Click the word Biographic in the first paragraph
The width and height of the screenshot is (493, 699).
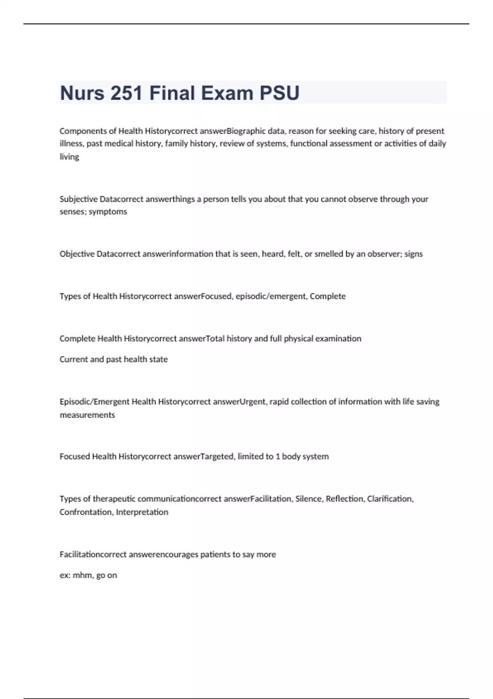246,131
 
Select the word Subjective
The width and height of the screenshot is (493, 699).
78,199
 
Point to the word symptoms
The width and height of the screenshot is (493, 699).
108,212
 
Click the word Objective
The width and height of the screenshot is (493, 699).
77,254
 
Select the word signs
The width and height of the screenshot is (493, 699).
413,254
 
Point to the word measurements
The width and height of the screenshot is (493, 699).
87,415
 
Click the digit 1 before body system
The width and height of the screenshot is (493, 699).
278,456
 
